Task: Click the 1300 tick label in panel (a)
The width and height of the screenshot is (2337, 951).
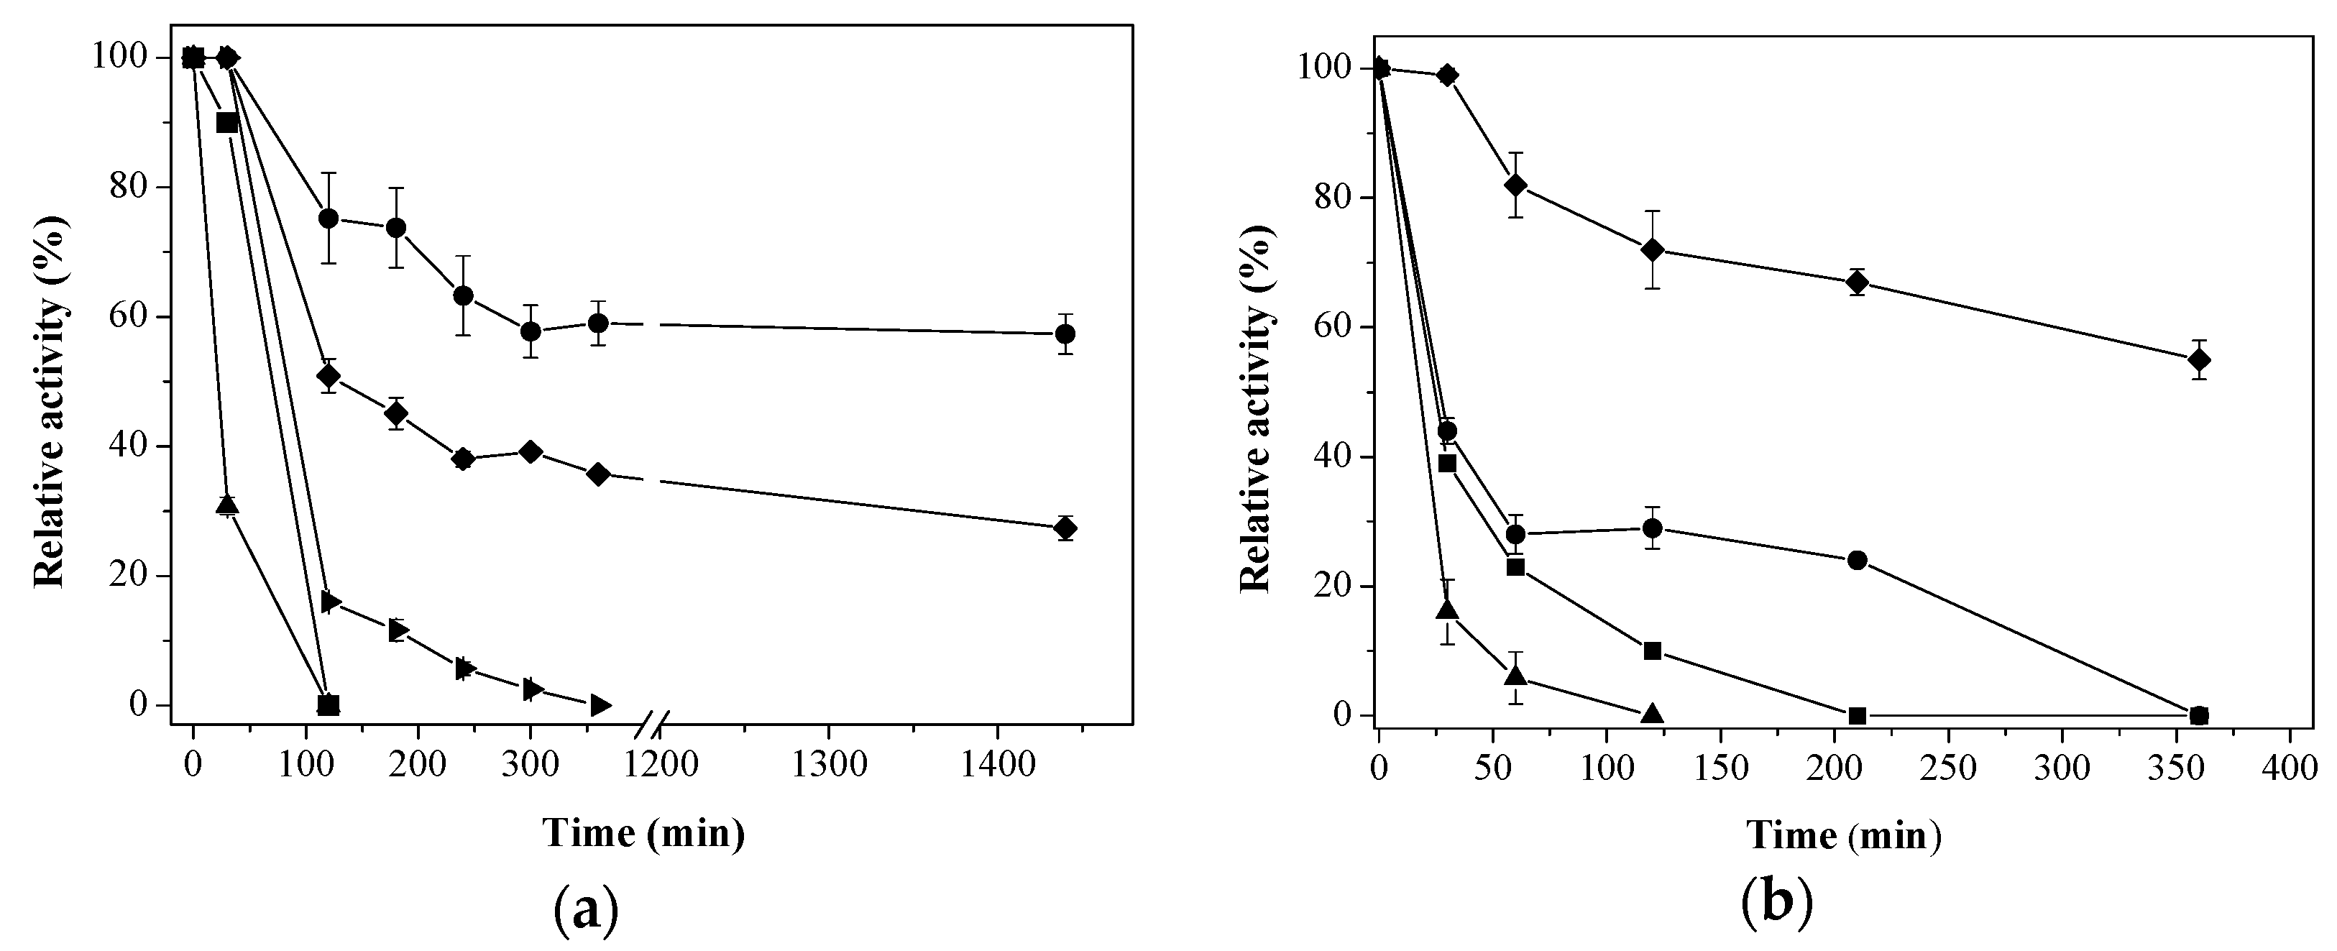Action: coord(828,765)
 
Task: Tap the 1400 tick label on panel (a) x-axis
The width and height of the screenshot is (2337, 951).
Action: coord(997,765)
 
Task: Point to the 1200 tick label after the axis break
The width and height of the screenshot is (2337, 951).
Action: coord(659,765)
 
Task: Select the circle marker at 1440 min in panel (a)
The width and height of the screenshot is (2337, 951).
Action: coord(1066,334)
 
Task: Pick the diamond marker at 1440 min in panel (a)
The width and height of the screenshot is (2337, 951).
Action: coord(1066,528)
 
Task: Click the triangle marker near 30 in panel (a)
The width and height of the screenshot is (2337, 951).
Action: coord(227,505)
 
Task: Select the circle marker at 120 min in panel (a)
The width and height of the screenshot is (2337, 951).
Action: coord(329,218)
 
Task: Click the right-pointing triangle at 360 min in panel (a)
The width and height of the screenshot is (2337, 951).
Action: coord(599,705)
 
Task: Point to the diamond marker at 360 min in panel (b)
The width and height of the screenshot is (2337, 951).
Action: coord(2198,359)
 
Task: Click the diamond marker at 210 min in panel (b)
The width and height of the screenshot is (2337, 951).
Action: coord(1856,282)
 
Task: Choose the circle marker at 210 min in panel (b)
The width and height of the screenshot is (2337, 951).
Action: coord(1856,560)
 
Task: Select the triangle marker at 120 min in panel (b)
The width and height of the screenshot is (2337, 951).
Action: coord(1652,713)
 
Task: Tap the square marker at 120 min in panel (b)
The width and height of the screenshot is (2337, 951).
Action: coord(1652,651)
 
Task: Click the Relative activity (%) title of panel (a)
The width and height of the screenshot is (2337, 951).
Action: coord(50,401)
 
